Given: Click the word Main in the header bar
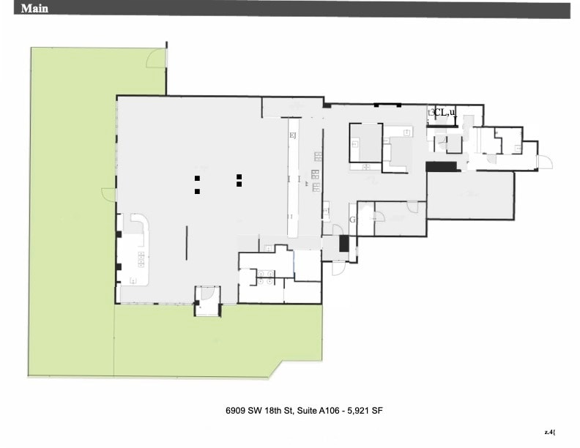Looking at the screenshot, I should (35, 9).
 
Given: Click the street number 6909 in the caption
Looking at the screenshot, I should (237, 411).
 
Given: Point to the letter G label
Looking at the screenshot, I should (352, 220).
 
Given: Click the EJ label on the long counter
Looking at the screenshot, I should (293, 135).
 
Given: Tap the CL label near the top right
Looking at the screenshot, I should (441, 112).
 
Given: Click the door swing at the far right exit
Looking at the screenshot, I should (544, 162).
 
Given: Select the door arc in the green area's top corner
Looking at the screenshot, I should (156, 59).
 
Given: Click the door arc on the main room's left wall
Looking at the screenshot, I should (109, 195).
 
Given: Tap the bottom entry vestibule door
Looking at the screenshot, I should (207, 296).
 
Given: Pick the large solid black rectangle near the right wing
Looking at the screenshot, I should (442, 167).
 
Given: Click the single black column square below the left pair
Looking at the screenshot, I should (197, 191).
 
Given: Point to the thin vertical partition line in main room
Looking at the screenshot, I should (186, 242).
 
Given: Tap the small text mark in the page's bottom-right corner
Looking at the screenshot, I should (549, 432).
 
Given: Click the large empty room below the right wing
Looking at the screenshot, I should (470, 195).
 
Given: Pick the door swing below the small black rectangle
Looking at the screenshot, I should (339, 267).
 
